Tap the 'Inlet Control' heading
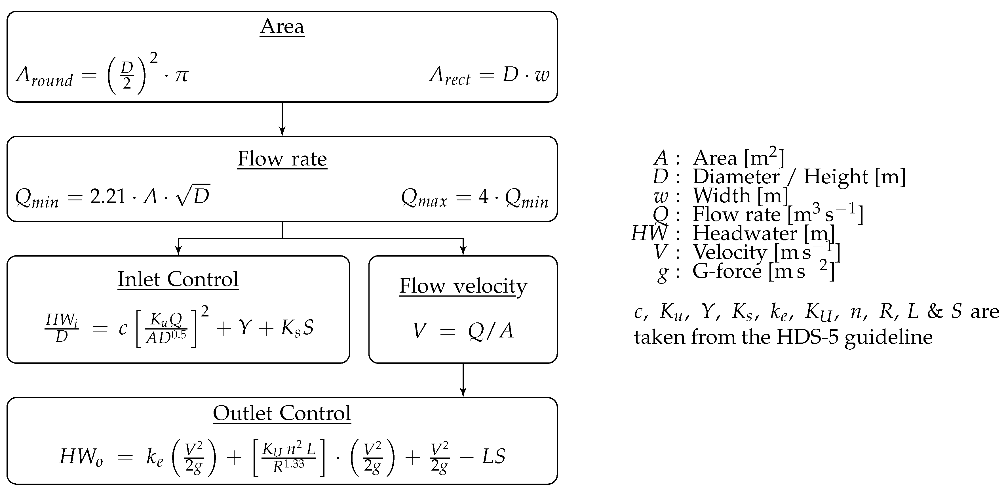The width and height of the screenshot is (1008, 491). (x=178, y=280)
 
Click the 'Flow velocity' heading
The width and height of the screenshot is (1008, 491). (x=463, y=286)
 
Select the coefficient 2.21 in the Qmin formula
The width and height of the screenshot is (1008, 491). (x=107, y=197)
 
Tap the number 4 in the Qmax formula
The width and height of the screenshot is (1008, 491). (x=484, y=197)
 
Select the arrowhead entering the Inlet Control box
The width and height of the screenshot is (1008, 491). (x=178, y=251)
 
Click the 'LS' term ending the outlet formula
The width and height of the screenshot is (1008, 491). (x=494, y=457)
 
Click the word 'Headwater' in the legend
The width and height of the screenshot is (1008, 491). (x=745, y=234)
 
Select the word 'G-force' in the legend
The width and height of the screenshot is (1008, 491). (x=727, y=271)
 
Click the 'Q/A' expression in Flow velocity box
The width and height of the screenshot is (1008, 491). (x=490, y=331)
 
